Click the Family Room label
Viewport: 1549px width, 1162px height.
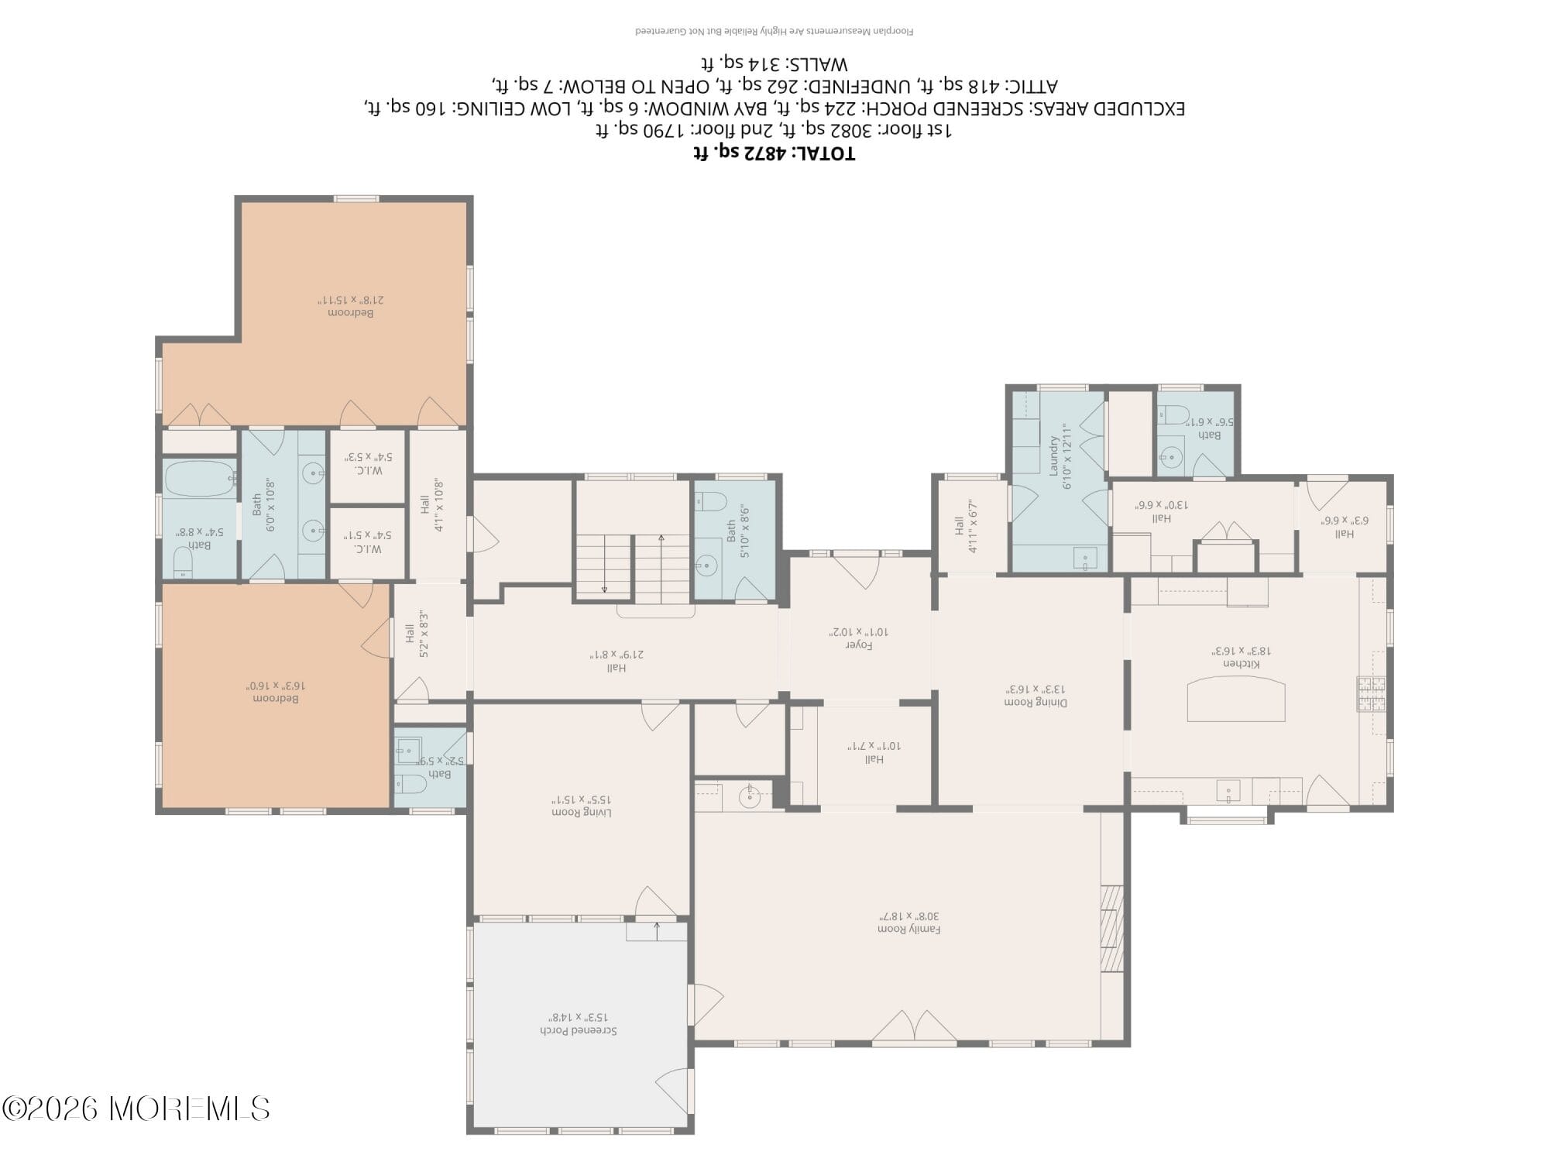[x=908, y=922]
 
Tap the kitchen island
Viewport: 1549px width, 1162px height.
[x=1236, y=699]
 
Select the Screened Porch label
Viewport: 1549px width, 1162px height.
[x=578, y=1023]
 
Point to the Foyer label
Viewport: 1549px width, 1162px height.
[x=859, y=638]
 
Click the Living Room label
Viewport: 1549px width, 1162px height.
[x=582, y=805]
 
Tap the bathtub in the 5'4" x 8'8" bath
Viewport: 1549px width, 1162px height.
[x=198, y=479]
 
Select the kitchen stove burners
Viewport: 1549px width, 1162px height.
[x=1370, y=694]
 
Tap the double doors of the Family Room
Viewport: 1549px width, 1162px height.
[x=914, y=1026]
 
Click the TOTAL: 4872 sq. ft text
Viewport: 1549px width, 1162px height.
[x=774, y=153]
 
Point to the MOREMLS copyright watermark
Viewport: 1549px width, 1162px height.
[x=136, y=1109]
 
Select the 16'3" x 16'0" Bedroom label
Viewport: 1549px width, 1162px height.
[x=276, y=692]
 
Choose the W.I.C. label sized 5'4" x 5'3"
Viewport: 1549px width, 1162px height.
[x=369, y=463]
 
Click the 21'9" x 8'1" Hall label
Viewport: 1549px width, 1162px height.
[x=617, y=661]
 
